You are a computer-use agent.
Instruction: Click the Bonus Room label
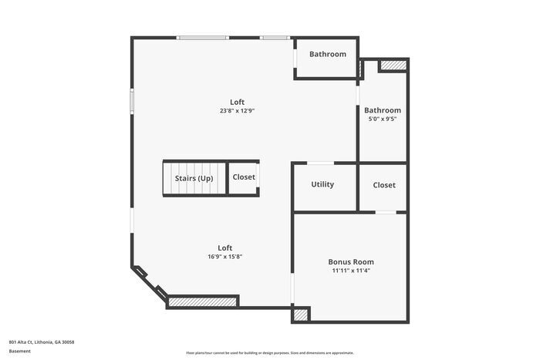click(351, 262)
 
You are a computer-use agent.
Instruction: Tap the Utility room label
click(322, 185)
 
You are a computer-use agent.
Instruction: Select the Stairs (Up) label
click(194, 179)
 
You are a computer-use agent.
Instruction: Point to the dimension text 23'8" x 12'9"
click(237, 111)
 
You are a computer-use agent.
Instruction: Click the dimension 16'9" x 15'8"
click(225, 257)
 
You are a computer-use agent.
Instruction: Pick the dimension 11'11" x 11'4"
click(351, 271)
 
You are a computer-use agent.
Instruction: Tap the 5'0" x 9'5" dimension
click(383, 119)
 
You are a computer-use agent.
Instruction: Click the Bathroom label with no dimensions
click(328, 54)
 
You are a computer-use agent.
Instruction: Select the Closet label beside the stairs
click(244, 177)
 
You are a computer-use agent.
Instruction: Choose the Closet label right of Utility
click(384, 185)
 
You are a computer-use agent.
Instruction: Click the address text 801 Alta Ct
click(42, 341)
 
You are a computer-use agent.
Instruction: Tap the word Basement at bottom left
click(20, 351)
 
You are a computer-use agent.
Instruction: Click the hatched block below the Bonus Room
click(300, 315)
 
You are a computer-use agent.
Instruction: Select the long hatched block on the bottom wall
click(202, 302)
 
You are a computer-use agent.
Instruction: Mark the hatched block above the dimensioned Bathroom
click(393, 66)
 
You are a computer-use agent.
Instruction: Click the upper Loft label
click(237, 102)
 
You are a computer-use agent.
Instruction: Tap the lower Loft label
click(225, 247)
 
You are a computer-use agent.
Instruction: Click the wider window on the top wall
click(202, 37)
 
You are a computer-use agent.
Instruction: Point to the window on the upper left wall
click(132, 101)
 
